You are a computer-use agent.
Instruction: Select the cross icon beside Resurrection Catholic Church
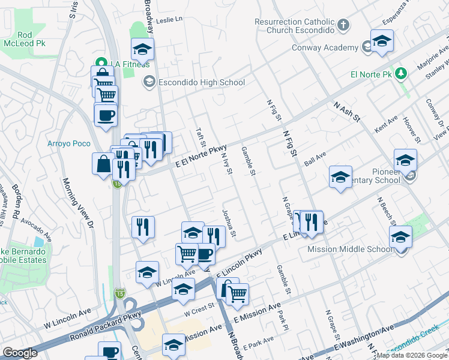[x=343, y=25]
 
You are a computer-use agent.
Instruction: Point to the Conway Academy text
[x=325, y=47]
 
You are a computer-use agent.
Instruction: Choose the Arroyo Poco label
[x=68, y=143]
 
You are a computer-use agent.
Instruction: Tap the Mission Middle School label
[x=351, y=250]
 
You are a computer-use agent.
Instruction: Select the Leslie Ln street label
[x=169, y=20]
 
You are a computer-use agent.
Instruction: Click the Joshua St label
[x=229, y=223]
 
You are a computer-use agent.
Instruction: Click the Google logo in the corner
[x=20, y=353]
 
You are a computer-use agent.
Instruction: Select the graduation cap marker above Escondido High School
[x=143, y=49]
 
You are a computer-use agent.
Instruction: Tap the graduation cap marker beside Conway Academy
[x=381, y=40]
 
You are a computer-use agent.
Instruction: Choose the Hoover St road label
[x=410, y=128]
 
